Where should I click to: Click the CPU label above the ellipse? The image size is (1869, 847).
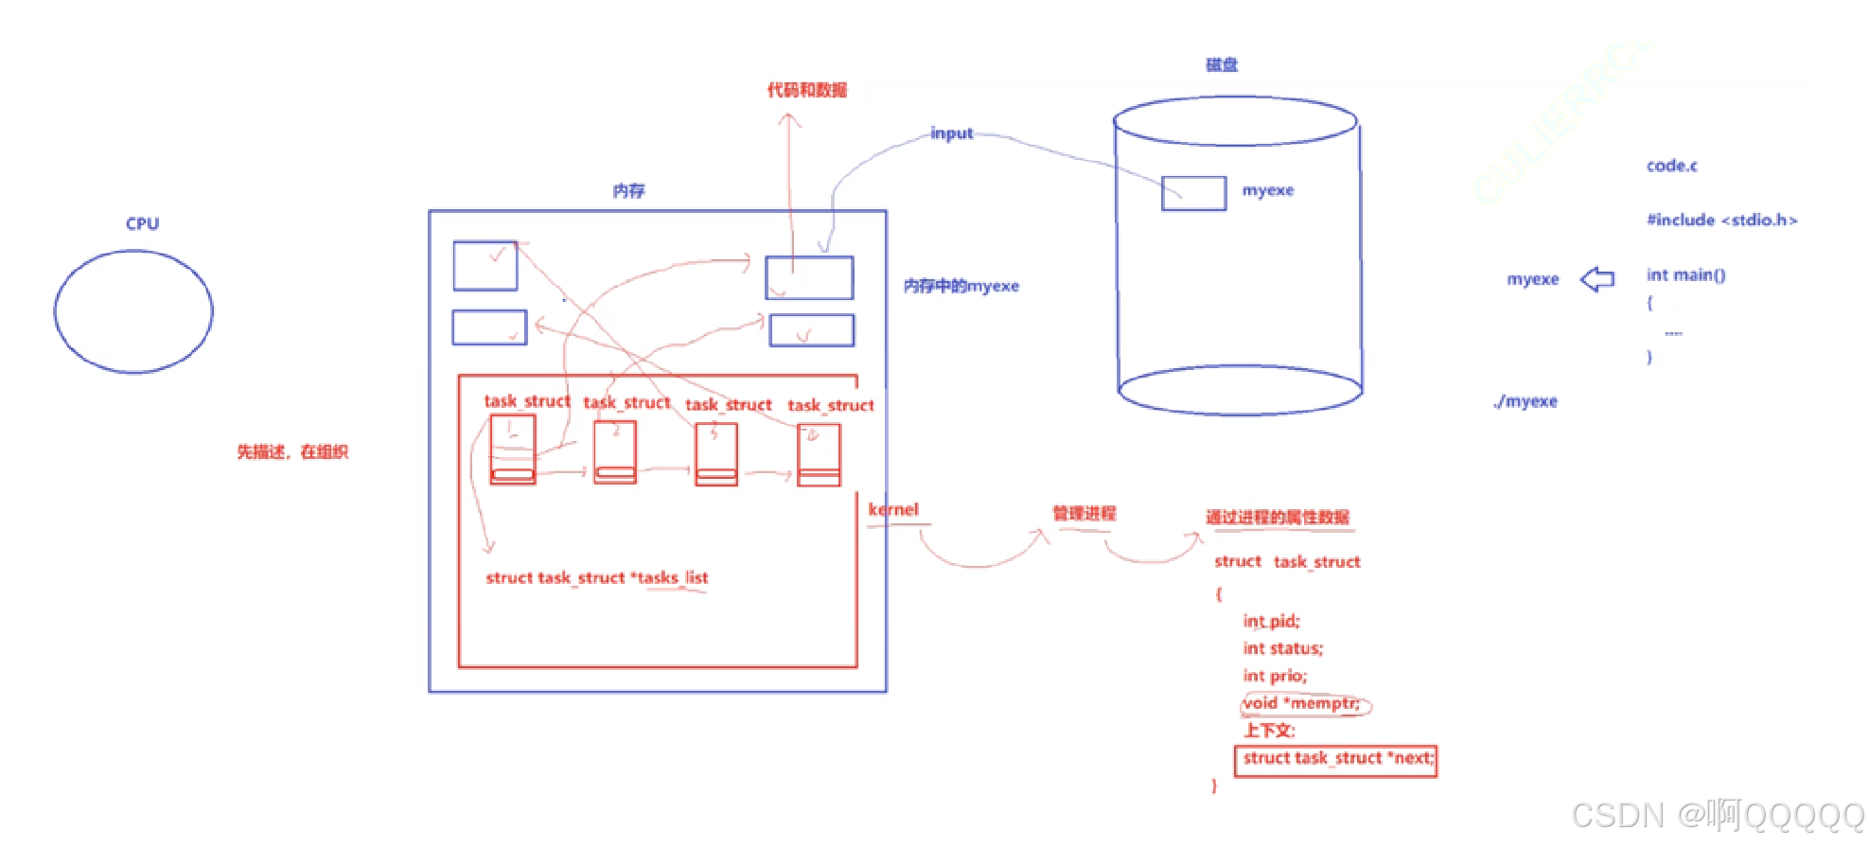(x=142, y=224)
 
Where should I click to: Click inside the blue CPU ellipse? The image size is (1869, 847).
(x=133, y=311)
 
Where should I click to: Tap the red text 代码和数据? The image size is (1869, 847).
(x=806, y=90)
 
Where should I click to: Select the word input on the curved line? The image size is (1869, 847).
(x=951, y=133)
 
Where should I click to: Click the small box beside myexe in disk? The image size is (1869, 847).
(x=1193, y=193)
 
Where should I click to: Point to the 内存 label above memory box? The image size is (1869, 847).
(x=628, y=191)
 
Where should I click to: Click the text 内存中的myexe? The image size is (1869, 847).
(x=961, y=286)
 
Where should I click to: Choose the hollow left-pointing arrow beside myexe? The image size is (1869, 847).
(x=1597, y=279)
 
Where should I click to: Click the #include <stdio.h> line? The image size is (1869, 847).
(x=1721, y=220)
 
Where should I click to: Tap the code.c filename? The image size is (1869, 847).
(x=1671, y=166)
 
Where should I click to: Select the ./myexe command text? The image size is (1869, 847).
(x=1525, y=401)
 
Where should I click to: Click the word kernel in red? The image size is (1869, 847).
(x=893, y=509)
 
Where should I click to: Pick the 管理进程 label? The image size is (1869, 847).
(x=1084, y=513)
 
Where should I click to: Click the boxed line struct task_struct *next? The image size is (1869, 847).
(x=1336, y=759)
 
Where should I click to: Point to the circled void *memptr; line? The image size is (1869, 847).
(x=1304, y=703)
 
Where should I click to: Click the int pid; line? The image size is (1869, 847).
(x=1271, y=622)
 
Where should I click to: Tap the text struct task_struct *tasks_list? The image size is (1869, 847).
(x=596, y=577)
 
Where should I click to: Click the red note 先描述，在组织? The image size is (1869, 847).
(x=292, y=452)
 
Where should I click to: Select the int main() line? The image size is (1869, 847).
(x=1685, y=275)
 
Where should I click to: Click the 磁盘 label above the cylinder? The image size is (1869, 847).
(x=1221, y=64)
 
